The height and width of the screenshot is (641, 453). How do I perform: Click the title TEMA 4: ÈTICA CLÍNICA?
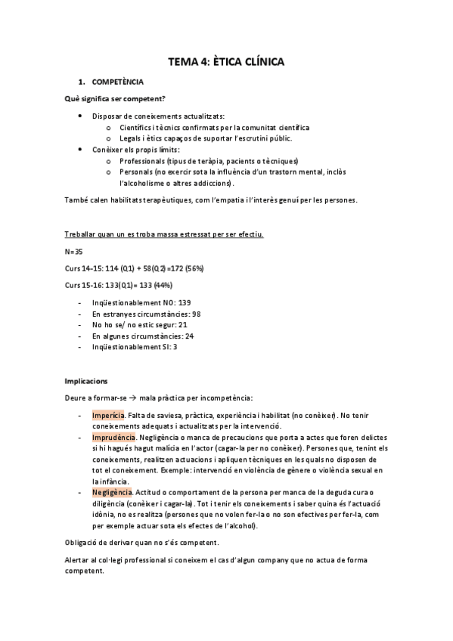(x=226, y=63)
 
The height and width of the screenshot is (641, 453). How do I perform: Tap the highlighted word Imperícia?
(x=108, y=416)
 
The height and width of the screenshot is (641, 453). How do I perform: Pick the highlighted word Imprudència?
(x=113, y=438)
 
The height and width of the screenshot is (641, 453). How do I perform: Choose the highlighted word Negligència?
(x=113, y=492)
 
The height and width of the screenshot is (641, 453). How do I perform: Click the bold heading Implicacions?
(x=86, y=382)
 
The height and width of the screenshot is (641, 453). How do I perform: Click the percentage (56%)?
(x=191, y=268)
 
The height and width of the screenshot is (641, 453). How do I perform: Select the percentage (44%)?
(x=161, y=285)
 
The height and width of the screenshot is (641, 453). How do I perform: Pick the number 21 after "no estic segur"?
(x=183, y=324)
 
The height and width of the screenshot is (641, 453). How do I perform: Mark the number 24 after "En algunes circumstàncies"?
(x=189, y=336)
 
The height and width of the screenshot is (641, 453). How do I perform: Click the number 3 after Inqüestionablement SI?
(x=176, y=347)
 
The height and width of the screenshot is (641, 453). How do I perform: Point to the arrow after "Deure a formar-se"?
(x=132, y=398)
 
